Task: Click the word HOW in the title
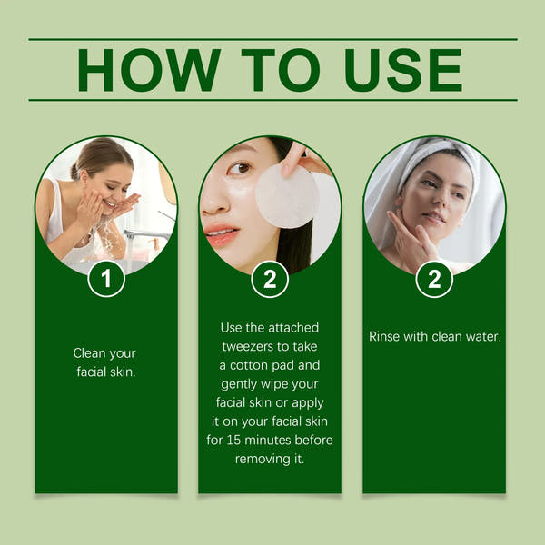tap(148, 70)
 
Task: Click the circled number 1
tap(106, 279)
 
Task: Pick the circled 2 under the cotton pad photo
tap(270, 279)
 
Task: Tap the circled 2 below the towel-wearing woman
tap(434, 279)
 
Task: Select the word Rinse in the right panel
tap(385, 336)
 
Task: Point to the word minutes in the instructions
tap(278, 440)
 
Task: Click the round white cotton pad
tap(286, 196)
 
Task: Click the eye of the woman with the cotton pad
tap(239, 168)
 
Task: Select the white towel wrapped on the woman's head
tap(436, 154)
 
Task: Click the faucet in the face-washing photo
tap(150, 234)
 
